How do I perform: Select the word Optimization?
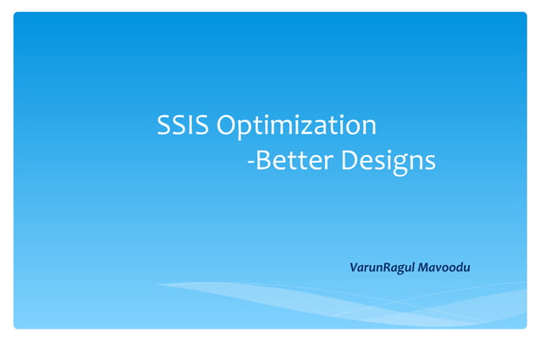pyautogui.click(x=295, y=127)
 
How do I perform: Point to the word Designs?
pyautogui.click(x=388, y=161)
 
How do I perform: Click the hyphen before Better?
pyautogui.click(x=250, y=162)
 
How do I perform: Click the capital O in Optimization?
pyautogui.click(x=226, y=125)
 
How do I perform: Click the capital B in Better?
pyautogui.click(x=262, y=159)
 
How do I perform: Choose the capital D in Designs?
pyautogui.click(x=350, y=159)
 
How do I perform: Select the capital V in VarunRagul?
pyautogui.click(x=354, y=268)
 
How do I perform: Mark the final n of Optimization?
pyautogui.click(x=368, y=128)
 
